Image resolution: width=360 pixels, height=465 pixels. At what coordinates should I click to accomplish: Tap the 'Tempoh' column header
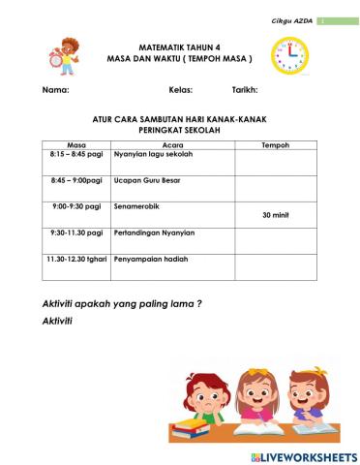click(276, 143)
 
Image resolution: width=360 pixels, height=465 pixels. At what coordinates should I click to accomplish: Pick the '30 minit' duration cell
click(276, 216)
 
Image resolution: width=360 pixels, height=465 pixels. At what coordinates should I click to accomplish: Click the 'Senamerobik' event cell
click(137, 206)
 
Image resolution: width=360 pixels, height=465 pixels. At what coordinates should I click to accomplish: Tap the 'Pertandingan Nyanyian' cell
click(155, 232)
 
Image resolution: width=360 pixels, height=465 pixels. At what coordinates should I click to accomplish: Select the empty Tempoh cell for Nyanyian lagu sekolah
click(276, 161)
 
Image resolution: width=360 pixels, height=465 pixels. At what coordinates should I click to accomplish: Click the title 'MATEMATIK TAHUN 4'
click(179, 46)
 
